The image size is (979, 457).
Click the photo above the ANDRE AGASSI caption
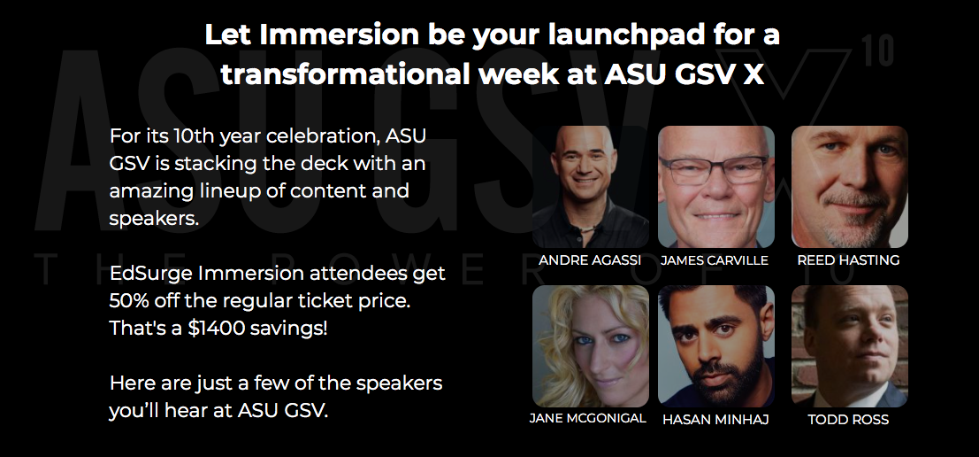coord(591,187)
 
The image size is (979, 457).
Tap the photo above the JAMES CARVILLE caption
coord(716,187)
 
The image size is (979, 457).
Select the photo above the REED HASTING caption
coord(850,187)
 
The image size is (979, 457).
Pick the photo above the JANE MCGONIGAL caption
coord(591,346)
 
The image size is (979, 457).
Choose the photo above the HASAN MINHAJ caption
coord(716,346)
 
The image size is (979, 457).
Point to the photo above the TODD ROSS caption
coord(850,346)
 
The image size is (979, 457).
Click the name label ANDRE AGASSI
coord(590,260)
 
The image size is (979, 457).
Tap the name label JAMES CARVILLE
coord(715,260)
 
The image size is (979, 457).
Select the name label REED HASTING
coord(848,260)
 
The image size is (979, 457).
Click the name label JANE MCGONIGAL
coord(587,418)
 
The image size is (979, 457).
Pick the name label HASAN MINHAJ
coord(715,420)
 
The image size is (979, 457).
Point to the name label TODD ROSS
coord(848,420)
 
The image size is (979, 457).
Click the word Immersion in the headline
coord(339,35)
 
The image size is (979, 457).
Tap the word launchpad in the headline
coord(626,35)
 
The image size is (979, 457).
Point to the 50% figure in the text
coord(128,300)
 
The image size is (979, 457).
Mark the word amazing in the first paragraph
coord(152,191)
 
